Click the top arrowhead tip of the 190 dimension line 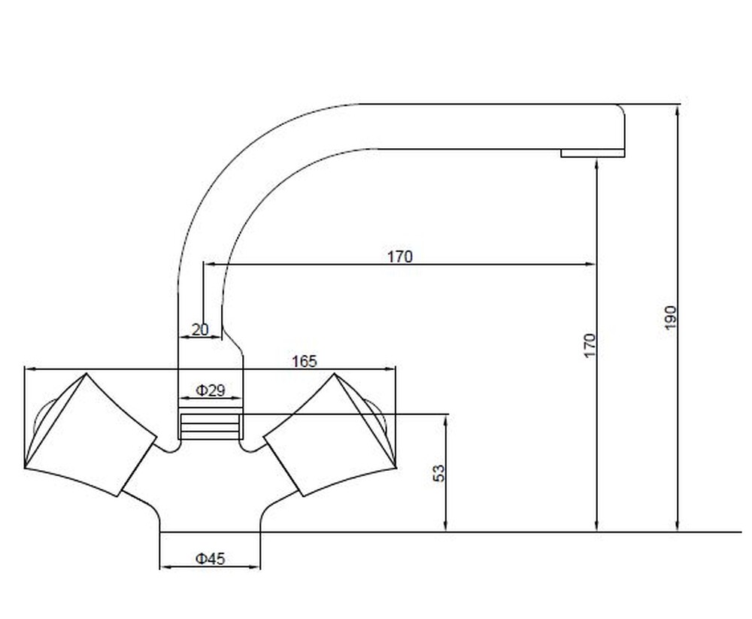click(678, 105)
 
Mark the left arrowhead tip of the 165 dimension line click(25, 369)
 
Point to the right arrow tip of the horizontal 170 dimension click(596, 263)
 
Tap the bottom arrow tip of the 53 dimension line click(446, 532)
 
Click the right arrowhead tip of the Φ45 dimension click(260, 567)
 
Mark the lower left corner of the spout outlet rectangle click(562, 157)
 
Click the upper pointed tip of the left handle click(86, 373)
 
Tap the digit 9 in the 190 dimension click(671, 317)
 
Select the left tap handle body click(90, 435)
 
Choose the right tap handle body click(331, 435)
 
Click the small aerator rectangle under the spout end click(593, 153)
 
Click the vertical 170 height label click(590, 345)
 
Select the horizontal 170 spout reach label click(399, 256)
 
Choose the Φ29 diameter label click(210, 390)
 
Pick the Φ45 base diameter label click(210, 558)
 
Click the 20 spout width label click(201, 329)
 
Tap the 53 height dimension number click(439, 473)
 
